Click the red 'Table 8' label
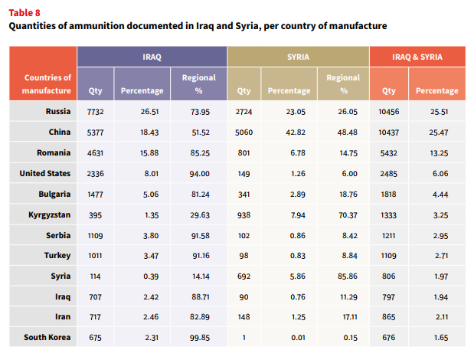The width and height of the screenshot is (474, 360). click(25, 13)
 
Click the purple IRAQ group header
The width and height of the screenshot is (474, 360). click(152, 57)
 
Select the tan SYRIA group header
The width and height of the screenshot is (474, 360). click(298, 57)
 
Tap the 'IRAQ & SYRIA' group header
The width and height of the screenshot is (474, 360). click(417, 57)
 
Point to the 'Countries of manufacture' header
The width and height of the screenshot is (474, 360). click(47, 84)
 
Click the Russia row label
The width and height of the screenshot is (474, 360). click(58, 111)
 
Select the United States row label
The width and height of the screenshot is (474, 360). click(45, 173)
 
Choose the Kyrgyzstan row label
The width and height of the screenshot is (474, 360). click(50, 215)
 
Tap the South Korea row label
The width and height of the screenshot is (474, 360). click(47, 337)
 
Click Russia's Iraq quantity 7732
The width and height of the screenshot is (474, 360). click(95, 112)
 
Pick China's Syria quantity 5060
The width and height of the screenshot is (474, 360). click(244, 132)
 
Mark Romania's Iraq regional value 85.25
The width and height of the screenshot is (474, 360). click(200, 153)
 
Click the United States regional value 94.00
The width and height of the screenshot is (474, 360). click(200, 174)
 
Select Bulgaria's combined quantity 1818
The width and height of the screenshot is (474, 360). click(388, 194)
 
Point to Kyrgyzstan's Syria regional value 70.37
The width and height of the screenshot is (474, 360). click(348, 215)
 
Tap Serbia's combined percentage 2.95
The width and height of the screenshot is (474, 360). click(440, 236)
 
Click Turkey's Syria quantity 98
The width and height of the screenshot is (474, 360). click(244, 256)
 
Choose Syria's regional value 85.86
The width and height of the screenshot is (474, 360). click(348, 277)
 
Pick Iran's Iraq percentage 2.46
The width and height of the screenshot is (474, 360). click(151, 317)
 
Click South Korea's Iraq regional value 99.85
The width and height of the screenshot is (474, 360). click(200, 338)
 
